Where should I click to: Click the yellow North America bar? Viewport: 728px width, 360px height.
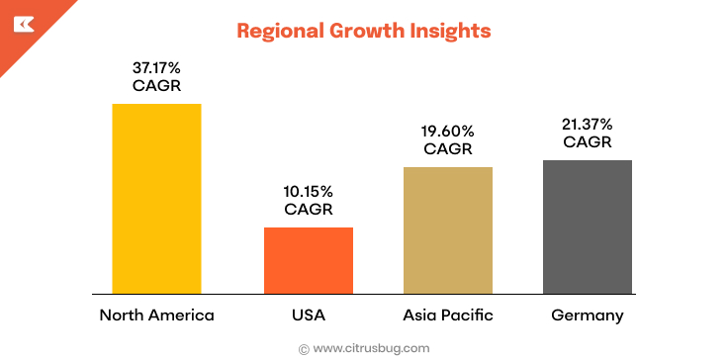pos(156,198)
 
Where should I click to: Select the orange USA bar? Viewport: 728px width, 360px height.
pos(308,260)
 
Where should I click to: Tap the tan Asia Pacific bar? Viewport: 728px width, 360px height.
pos(448,229)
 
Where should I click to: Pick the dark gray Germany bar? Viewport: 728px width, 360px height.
pos(588,226)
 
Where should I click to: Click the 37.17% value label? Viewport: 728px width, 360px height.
pos(156,68)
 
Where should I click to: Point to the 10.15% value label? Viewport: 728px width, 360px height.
pos(308,191)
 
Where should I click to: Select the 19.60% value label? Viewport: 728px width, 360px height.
pos(448,131)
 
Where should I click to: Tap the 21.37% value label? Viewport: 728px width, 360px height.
pos(588,124)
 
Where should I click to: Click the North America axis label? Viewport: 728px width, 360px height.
pos(156,315)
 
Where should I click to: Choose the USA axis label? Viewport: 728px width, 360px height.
pos(308,315)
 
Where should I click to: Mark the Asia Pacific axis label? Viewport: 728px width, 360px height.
pos(448,315)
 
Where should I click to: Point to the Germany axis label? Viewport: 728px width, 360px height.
pos(588,315)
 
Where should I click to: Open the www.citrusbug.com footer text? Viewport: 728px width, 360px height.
pos(371,348)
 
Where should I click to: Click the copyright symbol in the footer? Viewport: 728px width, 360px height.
pos(304,348)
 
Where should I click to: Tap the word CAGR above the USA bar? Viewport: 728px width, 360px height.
pos(308,209)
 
